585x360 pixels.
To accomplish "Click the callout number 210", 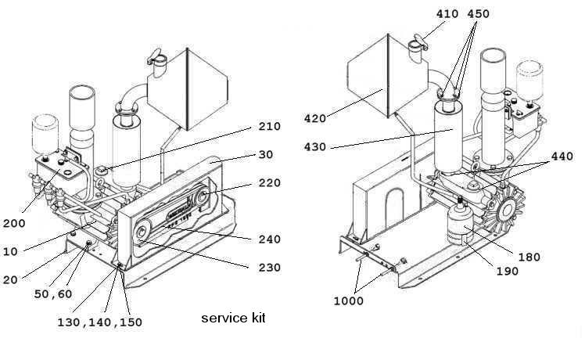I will pos(270,126).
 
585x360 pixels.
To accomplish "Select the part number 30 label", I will pos(265,154).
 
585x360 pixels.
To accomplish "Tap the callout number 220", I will pos(270,185).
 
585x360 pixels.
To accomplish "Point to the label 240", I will pos(270,239).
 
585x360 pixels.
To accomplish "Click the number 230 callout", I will pos(270,267).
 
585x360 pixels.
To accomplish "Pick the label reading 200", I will pos(14,223).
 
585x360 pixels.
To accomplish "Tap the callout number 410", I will pos(447,13).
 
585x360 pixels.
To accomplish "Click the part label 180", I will pos(528,256).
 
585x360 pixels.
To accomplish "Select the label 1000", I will pos(347,301).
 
